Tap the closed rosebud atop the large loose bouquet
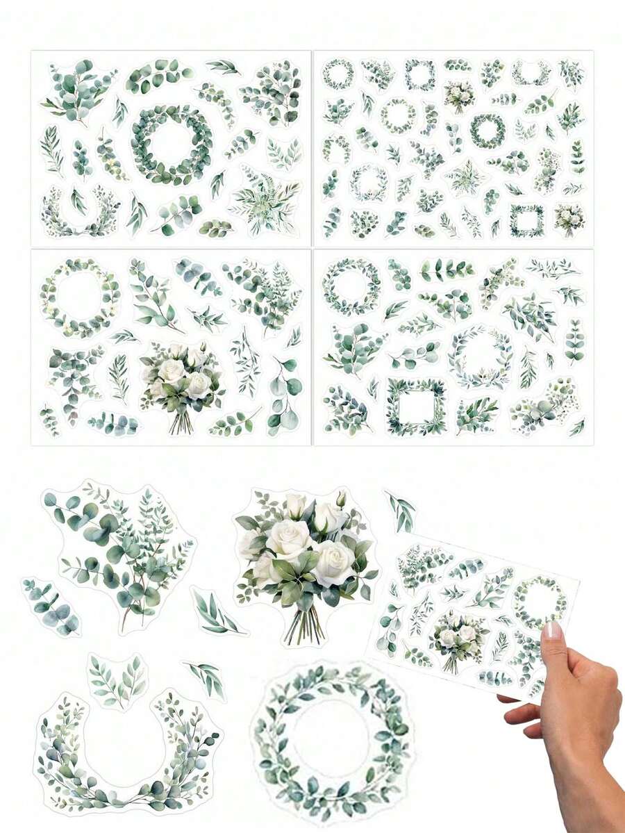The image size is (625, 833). tap(341, 498)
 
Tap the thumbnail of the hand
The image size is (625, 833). tap(552, 632)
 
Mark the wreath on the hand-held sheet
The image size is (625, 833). tap(538, 601)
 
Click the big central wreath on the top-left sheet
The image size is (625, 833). tap(172, 145)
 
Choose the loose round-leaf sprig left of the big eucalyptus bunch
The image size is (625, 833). tap(51, 605)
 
